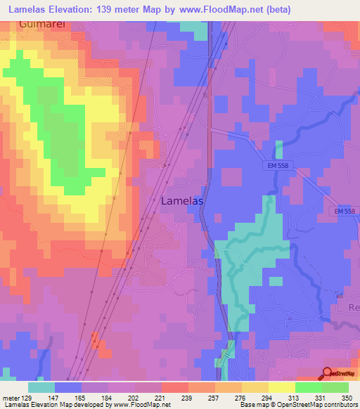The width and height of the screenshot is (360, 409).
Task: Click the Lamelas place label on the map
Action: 183,200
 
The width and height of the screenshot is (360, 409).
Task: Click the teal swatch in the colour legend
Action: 41,387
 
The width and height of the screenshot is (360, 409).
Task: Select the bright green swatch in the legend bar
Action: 308,387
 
